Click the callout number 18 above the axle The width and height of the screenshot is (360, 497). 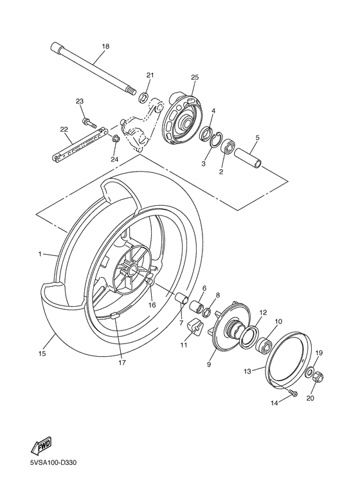(105, 46)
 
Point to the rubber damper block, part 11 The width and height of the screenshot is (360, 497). (192, 330)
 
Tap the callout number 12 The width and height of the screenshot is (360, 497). (263, 312)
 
